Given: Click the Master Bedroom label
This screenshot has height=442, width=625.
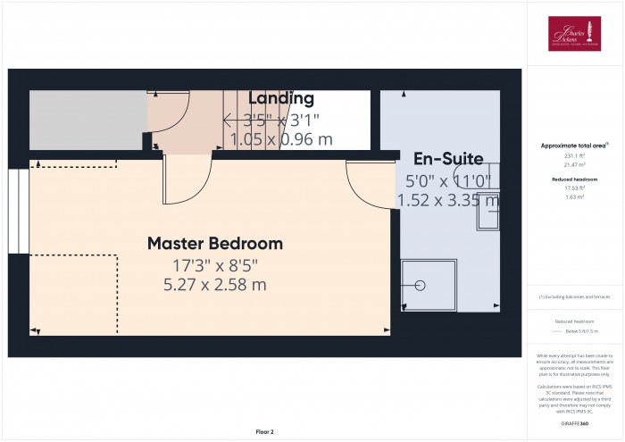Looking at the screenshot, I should tap(214, 243).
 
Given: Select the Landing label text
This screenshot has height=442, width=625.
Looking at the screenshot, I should tap(281, 98).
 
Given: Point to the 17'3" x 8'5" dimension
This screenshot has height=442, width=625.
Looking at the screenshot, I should tap(214, 265).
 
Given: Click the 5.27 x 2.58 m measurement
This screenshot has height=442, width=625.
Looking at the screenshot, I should tap(214, 285).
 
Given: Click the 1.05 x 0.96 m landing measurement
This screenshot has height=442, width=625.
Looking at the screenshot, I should tap(281, 139).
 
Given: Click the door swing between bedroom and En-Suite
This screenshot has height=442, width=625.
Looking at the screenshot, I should tap(368, 183).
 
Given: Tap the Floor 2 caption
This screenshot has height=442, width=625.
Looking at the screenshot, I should tap(264, 431).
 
